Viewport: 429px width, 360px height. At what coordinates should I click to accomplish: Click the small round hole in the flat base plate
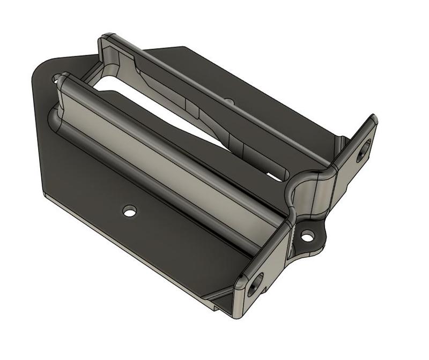[129, 211]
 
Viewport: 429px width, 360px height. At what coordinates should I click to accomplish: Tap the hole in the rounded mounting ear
[307, 236]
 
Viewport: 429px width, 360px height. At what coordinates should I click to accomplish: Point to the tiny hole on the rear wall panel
[229, 100]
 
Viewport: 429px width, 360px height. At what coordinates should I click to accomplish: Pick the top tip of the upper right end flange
[373, 118]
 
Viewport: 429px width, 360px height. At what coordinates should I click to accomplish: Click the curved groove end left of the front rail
[54, 118]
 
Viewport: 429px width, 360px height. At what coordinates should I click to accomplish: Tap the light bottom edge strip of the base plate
[134, 252]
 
